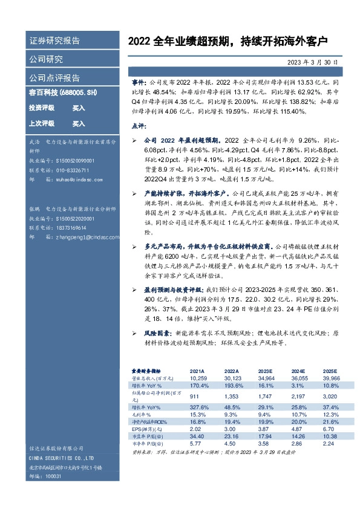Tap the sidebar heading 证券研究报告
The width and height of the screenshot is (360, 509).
54,41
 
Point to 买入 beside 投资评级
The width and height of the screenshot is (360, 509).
79,107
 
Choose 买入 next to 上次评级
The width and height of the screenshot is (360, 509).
79,123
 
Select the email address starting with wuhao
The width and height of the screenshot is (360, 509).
73,180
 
